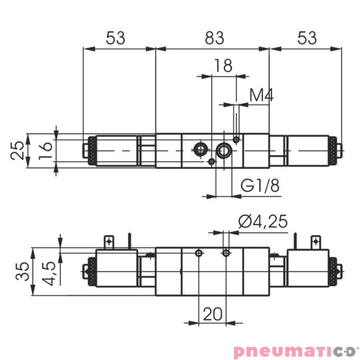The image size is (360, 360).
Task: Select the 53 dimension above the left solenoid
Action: point(116,38)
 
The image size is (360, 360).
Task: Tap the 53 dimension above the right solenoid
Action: point(307,38)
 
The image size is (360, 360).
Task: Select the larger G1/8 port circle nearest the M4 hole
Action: point(223,149)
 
